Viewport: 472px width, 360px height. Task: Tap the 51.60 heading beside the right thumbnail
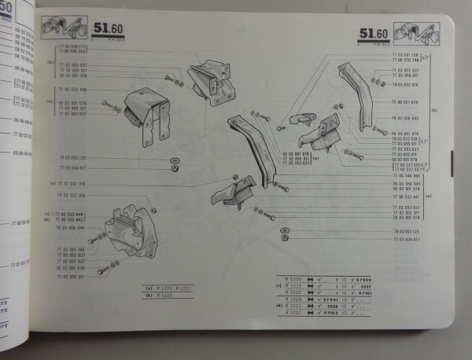pyautogui.click(x=371, y=35)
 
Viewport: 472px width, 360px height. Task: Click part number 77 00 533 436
pyautogui.click(x=72, y=89)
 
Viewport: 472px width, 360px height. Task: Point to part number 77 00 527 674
pyautogui.click(x=404, y=102)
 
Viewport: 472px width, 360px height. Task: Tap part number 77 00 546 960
pyautogui.click(x=406, y=177)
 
